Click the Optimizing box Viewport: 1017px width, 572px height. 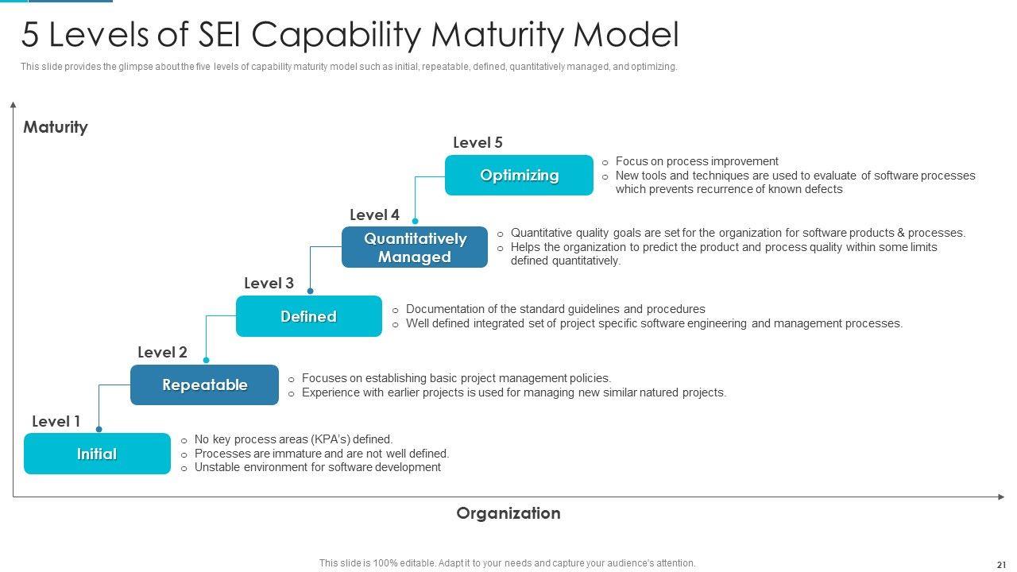point(519,176)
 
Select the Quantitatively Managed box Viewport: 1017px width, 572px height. point(415,247)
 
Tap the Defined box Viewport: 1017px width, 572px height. point(308,316)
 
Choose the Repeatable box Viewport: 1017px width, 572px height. point(204,385)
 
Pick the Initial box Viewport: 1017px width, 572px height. point(97,454)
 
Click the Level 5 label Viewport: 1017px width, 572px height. point(478,143)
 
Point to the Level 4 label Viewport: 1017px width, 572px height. point(374,214)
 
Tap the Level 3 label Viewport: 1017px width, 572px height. point(269,283)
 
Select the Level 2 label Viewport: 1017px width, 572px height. point(162,352)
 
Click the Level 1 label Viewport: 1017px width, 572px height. point(56,421)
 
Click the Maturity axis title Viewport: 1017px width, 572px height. point(55,127)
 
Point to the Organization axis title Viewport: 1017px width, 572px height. point(508,513)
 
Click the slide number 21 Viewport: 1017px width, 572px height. point(1000,564)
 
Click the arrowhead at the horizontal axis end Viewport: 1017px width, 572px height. point(1001,497)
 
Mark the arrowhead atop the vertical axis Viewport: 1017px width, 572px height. point(14,104)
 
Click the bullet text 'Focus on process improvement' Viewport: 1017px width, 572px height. point(697,161)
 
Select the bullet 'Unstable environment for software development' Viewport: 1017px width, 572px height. point(317,467)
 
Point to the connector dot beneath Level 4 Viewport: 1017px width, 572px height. point(415,221)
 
